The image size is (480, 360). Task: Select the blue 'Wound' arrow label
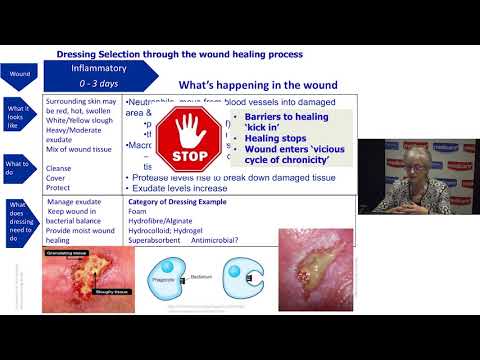click(x=21, y=74)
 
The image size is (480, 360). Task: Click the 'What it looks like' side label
click(x=19, y=115)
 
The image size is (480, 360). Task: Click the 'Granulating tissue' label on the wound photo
click(x=68, y=254)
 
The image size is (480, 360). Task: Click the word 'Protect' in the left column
click(x=59, y=188)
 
